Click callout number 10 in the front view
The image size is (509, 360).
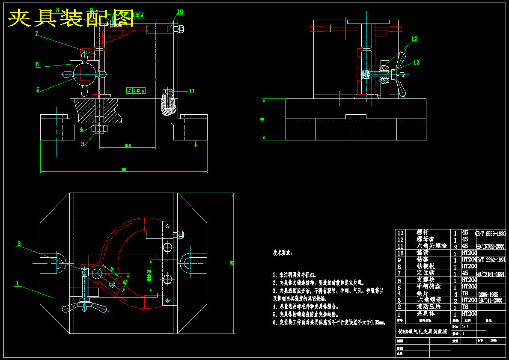tap(180, 12)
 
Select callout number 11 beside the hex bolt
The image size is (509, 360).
tap(192, 91)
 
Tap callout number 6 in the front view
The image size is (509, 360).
tap(37, 64)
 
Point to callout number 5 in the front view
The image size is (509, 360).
tap(38, 90)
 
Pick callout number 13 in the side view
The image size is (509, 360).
tap(417, 62)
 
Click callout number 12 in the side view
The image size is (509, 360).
tap(414, 39)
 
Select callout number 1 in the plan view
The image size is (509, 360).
tap(18, 283)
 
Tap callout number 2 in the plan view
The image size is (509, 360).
tap(19, 244)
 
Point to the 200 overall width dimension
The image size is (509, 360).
tap(124, 170)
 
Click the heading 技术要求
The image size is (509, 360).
tap(283, 253)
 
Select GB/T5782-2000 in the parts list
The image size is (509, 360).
tap(491, 247)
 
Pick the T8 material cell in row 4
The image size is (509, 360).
tap(465, 294)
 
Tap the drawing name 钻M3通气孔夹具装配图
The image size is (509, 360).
tap(423, 331)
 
